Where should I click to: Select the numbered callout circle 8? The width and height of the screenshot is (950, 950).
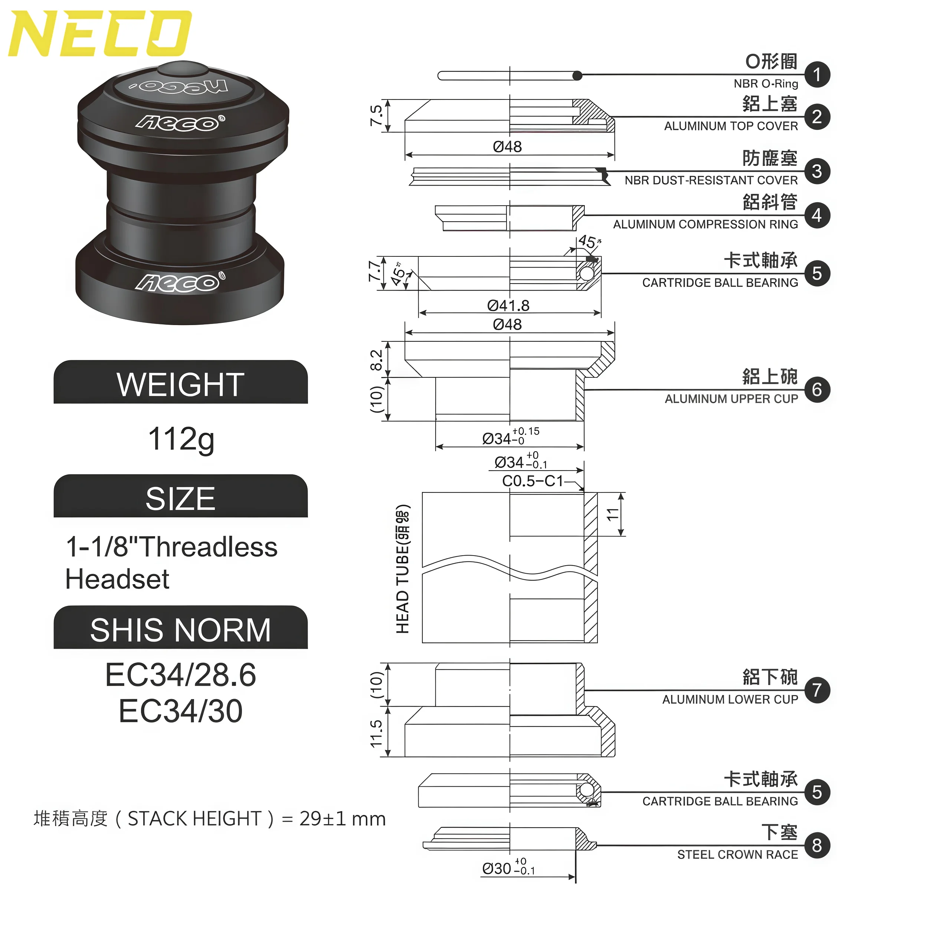(817, 845)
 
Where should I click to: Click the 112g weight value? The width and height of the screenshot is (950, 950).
(181, 439)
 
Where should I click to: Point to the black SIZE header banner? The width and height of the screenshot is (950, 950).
(180, 497)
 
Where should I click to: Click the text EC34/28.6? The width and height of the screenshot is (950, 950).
(180, 675)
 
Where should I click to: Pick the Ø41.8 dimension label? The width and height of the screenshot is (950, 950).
(508, 305)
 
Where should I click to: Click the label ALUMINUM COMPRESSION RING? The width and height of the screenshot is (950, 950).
(705, 224)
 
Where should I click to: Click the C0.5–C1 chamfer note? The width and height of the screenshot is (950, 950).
(533, 481)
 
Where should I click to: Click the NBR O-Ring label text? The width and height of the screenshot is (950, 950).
(765, 83)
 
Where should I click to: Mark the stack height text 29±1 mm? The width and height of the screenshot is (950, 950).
(342, 819)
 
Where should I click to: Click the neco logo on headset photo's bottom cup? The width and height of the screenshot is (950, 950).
(180, 282)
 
